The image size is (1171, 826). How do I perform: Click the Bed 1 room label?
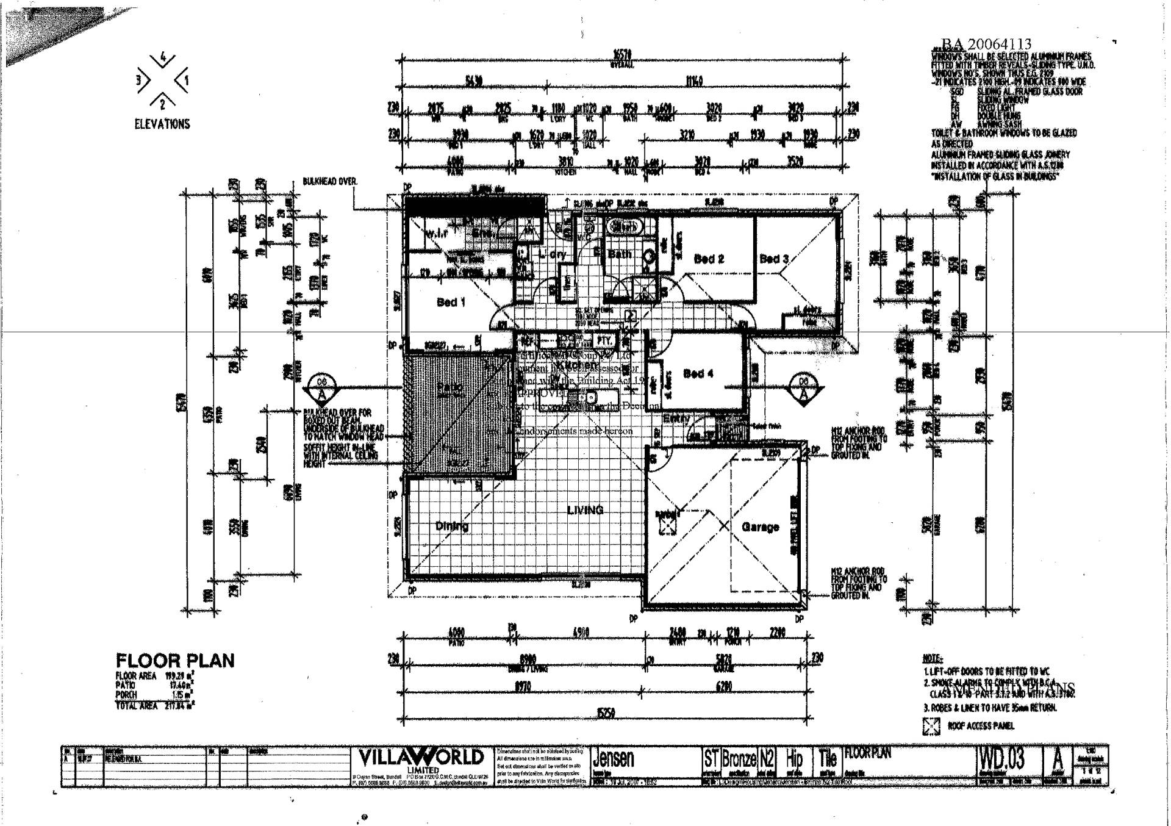tap(451, 303)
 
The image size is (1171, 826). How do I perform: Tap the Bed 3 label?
tap(774, 259)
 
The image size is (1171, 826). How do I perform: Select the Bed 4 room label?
tap(698, 373)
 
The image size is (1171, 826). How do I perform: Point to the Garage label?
tap(760, 526)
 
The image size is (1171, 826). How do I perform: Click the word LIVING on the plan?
tap(585, 510)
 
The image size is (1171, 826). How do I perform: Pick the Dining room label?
tap(452, 526)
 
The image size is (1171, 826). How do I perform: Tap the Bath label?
tap(619, 254)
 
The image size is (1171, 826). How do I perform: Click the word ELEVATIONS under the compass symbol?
tap(162, 124)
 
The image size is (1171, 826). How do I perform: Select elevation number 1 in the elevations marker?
tap(187, 80)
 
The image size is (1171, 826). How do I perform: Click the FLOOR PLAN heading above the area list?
tap(175, 661)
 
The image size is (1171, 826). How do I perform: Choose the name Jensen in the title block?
tap(614, 759)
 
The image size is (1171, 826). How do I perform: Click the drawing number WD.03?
tap(1001, 760)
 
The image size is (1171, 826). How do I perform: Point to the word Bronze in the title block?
tap(739, 759)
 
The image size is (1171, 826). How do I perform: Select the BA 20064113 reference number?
tap(986, 44)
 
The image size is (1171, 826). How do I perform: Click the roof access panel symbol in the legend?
tap(931, 726)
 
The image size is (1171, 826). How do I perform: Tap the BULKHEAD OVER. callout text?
tap(330, 182)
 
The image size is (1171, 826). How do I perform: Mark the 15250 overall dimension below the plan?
tap(606, 713)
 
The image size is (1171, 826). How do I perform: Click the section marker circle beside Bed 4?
tap(803, 388)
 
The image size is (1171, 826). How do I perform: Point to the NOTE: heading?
tap(933, 659)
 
